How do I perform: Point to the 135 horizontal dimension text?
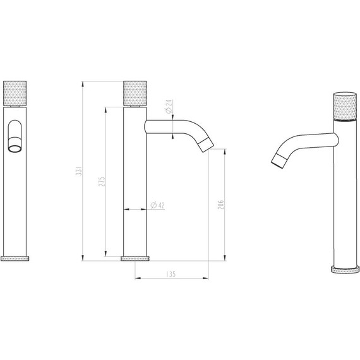tap(171, 273)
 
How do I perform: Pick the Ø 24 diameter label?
tap(169, 107)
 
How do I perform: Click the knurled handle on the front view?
tap(16, 93)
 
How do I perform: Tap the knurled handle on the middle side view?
tap(136, 93)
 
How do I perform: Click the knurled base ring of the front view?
tap(16, 258)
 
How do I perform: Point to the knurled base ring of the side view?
tap(136, 258)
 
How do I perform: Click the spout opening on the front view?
tap(15, 148)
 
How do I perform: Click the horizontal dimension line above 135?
tap(172, 279)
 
